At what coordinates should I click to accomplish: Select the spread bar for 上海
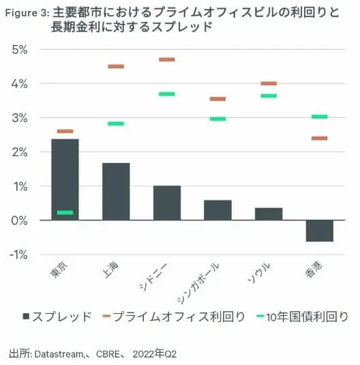[x=116, y=192]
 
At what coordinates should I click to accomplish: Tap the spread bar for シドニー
[x=167, y=203]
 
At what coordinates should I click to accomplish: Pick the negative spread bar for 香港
[x=320, y=231]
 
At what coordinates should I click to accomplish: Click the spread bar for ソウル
[x=269, y=214]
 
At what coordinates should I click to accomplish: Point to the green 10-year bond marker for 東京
[x=65, y=212]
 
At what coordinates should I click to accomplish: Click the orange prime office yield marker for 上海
[x=116, y=66]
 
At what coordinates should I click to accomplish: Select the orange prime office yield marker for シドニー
[x=167, y=59]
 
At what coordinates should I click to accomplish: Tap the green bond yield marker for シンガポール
[x=217, y=119]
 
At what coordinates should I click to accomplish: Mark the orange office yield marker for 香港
[x=320, y=138]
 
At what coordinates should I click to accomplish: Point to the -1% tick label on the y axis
[x=18, y=254]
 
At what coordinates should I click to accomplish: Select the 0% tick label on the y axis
[x=20, y=220]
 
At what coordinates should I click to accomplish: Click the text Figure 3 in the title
[x=28, y=12]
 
